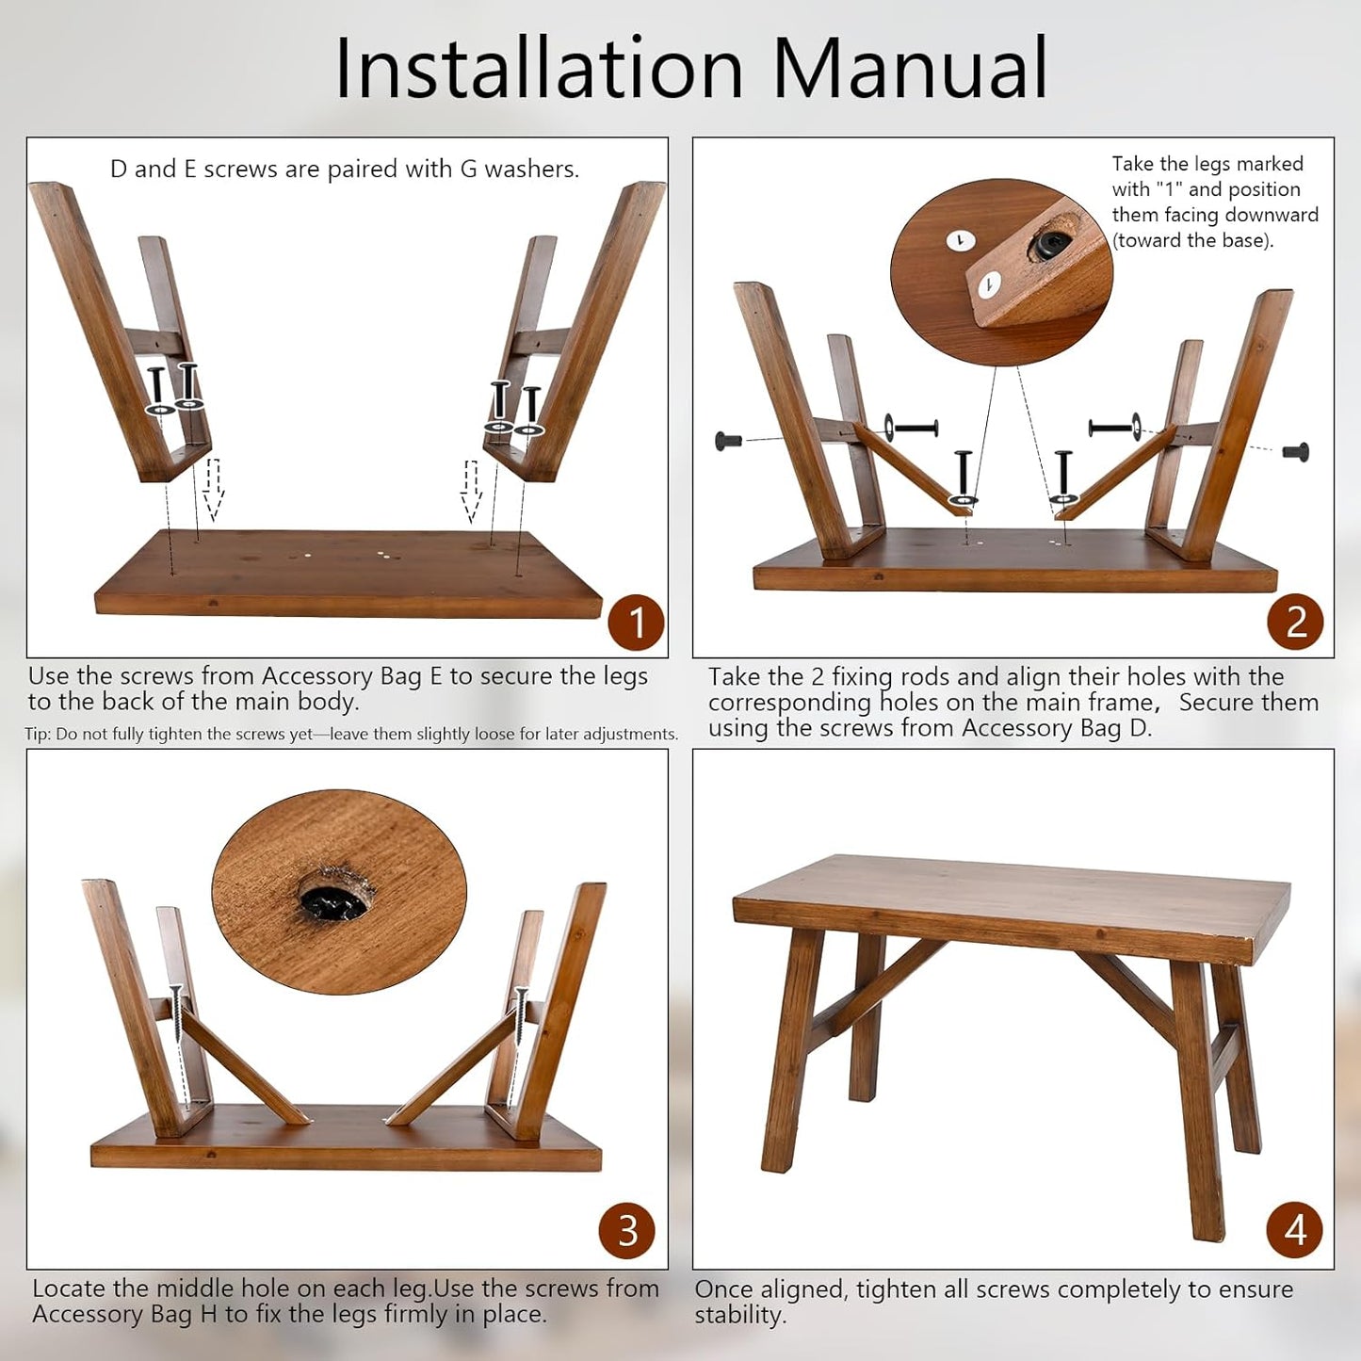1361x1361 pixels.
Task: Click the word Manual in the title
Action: [911, 68]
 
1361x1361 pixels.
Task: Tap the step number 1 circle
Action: [637, 623]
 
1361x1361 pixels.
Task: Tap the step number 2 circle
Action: [1295, 622]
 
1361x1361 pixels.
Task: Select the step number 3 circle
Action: [627, 1230]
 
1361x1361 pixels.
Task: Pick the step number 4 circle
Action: [1295, 1230]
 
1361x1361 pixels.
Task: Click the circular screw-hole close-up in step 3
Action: [339, 892]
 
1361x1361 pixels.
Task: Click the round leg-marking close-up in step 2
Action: [1001, 271]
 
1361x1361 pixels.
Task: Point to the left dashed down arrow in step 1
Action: [213, 490]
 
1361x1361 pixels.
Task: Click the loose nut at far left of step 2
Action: [729, 441]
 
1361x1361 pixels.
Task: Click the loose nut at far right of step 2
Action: [1296, 450]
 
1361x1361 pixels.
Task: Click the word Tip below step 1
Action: [37, 735]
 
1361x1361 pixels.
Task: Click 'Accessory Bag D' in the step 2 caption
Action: [1057, 727]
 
